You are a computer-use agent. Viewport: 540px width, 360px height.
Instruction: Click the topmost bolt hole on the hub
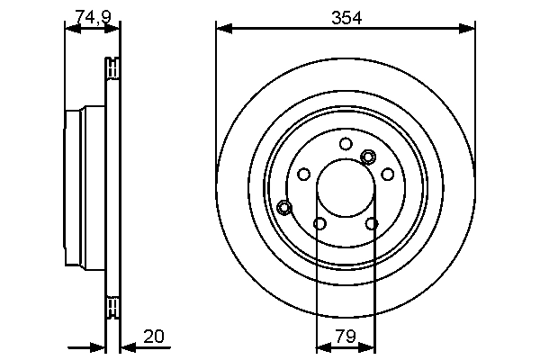pos(346,143)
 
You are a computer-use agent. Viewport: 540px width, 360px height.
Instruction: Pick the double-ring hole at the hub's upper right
pos(367,157)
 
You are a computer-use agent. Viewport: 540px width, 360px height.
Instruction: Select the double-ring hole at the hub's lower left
pos(284,208)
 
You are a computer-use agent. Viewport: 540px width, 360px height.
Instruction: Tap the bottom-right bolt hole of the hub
pos(372,223)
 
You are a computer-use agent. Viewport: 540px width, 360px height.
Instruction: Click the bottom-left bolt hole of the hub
pos(319,223)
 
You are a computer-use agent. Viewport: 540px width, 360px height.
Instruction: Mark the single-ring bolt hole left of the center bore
pos(303,174)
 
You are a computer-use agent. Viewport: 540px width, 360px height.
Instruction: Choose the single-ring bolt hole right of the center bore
pos(388,174)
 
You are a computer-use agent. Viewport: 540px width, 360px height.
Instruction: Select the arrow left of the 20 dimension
pos(98,346)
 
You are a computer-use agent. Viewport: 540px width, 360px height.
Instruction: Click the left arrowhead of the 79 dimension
pos(323,346)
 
